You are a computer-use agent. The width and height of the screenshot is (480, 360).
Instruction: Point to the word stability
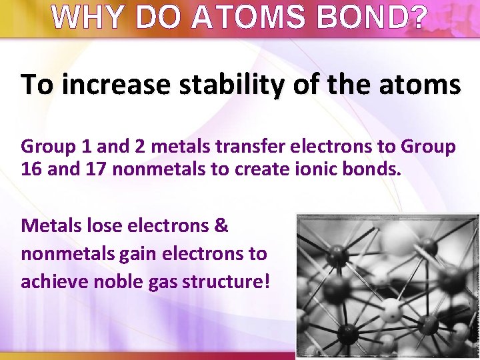click(239, 85)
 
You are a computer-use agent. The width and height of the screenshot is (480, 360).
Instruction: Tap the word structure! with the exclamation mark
click(223, 281)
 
